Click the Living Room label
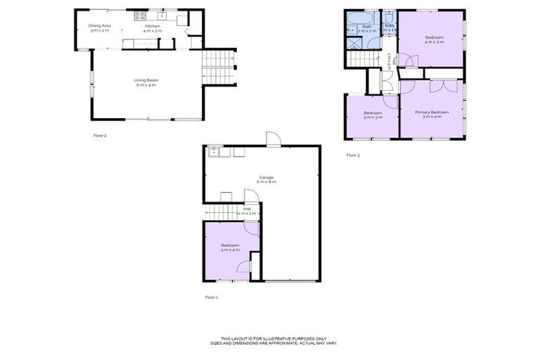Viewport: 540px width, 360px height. pyautogui.click(x=146, y=80)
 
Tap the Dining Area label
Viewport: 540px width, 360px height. pyautogui.click(x=99, y=25)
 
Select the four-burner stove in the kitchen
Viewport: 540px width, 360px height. pyautogui.click(x=139, y=15)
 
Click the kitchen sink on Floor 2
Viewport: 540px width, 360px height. pyautogui.click(x=162, y=15)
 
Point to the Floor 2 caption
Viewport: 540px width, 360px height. pyautogui.click(x=99, y=135)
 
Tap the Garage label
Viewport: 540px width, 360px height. pyautogui.click(x=266, y=176)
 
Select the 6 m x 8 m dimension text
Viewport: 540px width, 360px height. pyautogui.click(x=266, y=181)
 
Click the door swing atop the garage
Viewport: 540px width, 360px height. pyautogui.click(x=273, y=138)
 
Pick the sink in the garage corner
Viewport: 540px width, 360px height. pyautogui.click(x=214, y=151)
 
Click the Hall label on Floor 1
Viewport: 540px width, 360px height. pyautogui.click(x=247, y=208)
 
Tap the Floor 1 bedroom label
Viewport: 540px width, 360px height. pyautogui.click(x=231, y=245)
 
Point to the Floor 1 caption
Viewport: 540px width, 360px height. pyautogui.click(x=212, y=297)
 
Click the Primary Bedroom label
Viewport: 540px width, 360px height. pyautogui.click(x=431, y=112)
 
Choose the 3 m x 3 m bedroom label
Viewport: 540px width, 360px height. pyautogui.click(x=372, y=113)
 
